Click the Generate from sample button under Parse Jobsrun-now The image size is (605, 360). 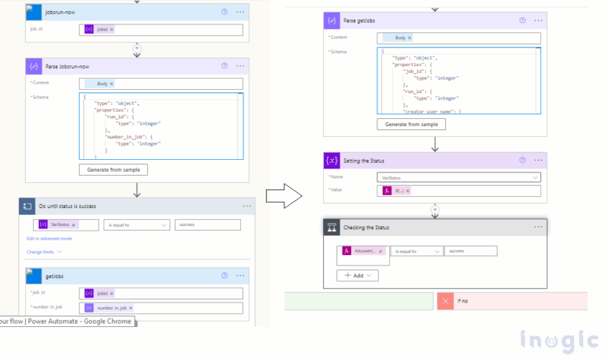(x=113, y=169)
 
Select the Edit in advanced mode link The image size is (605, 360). (x=50, y=238)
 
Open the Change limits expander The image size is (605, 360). (x=44, y=252)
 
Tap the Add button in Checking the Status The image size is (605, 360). (x=358, y=276)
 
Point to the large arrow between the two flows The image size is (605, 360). (x=280, y=194)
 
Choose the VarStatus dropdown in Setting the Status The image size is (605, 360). (x=458, y=177)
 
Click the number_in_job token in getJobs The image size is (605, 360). (x=110, y=307)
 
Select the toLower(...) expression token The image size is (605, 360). (x=362, y=251)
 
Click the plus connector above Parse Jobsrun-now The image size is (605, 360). (x=137, y=49)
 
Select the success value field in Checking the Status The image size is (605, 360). (x=470, y=251)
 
